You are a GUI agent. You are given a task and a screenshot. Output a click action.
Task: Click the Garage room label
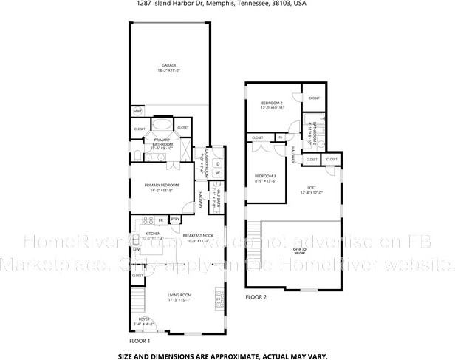[x=169, y=65]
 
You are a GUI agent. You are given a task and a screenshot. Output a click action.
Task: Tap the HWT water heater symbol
[x=137, y=112]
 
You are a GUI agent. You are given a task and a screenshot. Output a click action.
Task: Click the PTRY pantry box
[x=176, y=220]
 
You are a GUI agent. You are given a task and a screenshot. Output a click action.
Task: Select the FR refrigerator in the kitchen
[x=160, y=220]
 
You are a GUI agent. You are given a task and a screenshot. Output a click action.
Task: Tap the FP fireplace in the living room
[x=218, y=299]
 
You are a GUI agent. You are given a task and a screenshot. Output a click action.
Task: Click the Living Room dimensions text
[x=179, y=299]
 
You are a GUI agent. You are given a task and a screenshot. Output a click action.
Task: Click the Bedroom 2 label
[x=272, y=103]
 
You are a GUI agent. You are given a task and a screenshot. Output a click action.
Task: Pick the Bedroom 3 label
[x=265, y=176]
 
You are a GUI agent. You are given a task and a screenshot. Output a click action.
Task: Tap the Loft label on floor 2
[x=312, y=189]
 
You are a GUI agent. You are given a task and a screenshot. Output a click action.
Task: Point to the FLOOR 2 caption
[x=256, y=296]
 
